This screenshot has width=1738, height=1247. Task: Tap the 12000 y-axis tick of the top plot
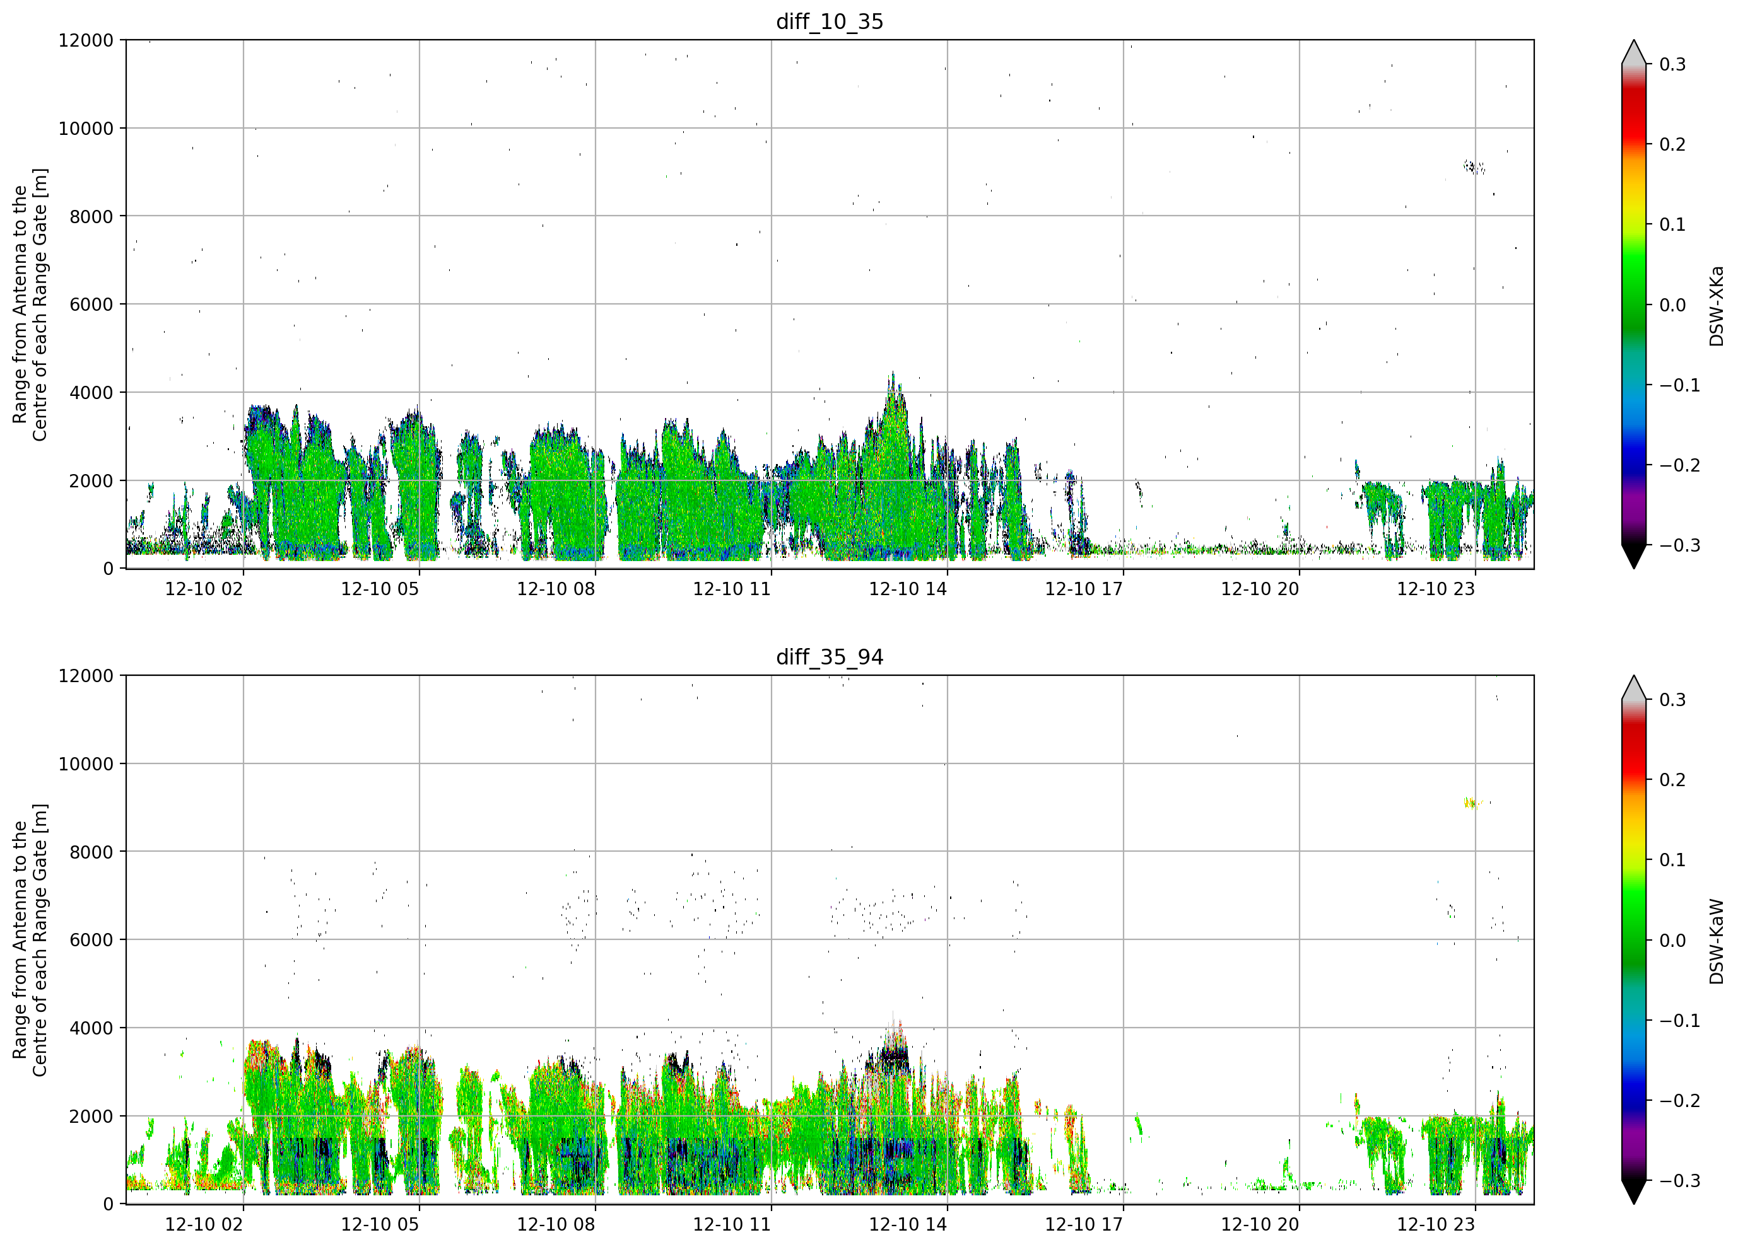86,40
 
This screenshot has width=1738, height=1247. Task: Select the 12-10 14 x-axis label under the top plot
908,589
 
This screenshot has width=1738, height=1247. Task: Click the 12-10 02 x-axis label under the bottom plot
204,1225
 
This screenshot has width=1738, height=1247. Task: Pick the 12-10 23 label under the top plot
1436,589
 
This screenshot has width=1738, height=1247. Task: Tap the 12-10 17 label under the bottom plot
1084,1225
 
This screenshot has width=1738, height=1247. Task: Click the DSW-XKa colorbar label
1716,306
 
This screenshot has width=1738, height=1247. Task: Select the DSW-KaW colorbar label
1716,941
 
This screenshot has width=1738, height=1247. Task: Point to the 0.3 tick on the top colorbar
1673,64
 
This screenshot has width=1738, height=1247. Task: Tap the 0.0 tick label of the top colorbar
1673,305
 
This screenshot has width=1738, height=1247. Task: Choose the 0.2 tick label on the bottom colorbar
1673,780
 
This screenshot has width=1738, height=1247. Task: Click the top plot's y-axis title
30,305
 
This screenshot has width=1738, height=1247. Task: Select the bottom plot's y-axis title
30,940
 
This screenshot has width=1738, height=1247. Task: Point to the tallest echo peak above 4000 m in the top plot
892,374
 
